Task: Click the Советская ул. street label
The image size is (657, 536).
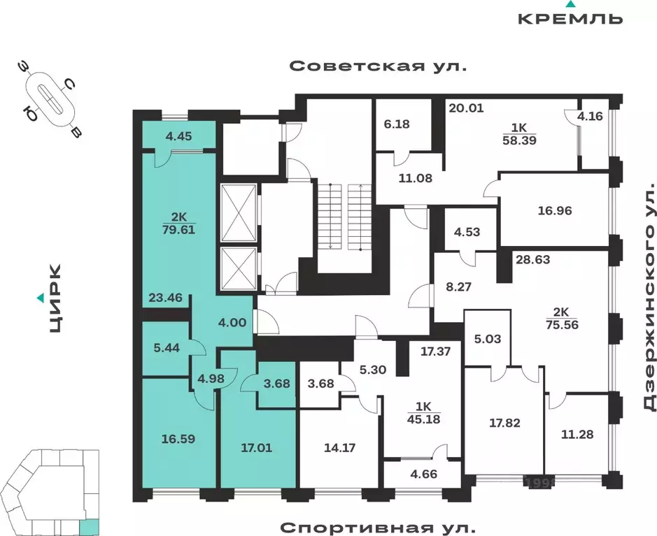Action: click(377, 66)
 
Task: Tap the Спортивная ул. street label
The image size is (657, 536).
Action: click(377, 526)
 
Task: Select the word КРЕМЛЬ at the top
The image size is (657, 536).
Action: click(570, 18)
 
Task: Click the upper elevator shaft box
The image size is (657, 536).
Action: click(239, 212)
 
